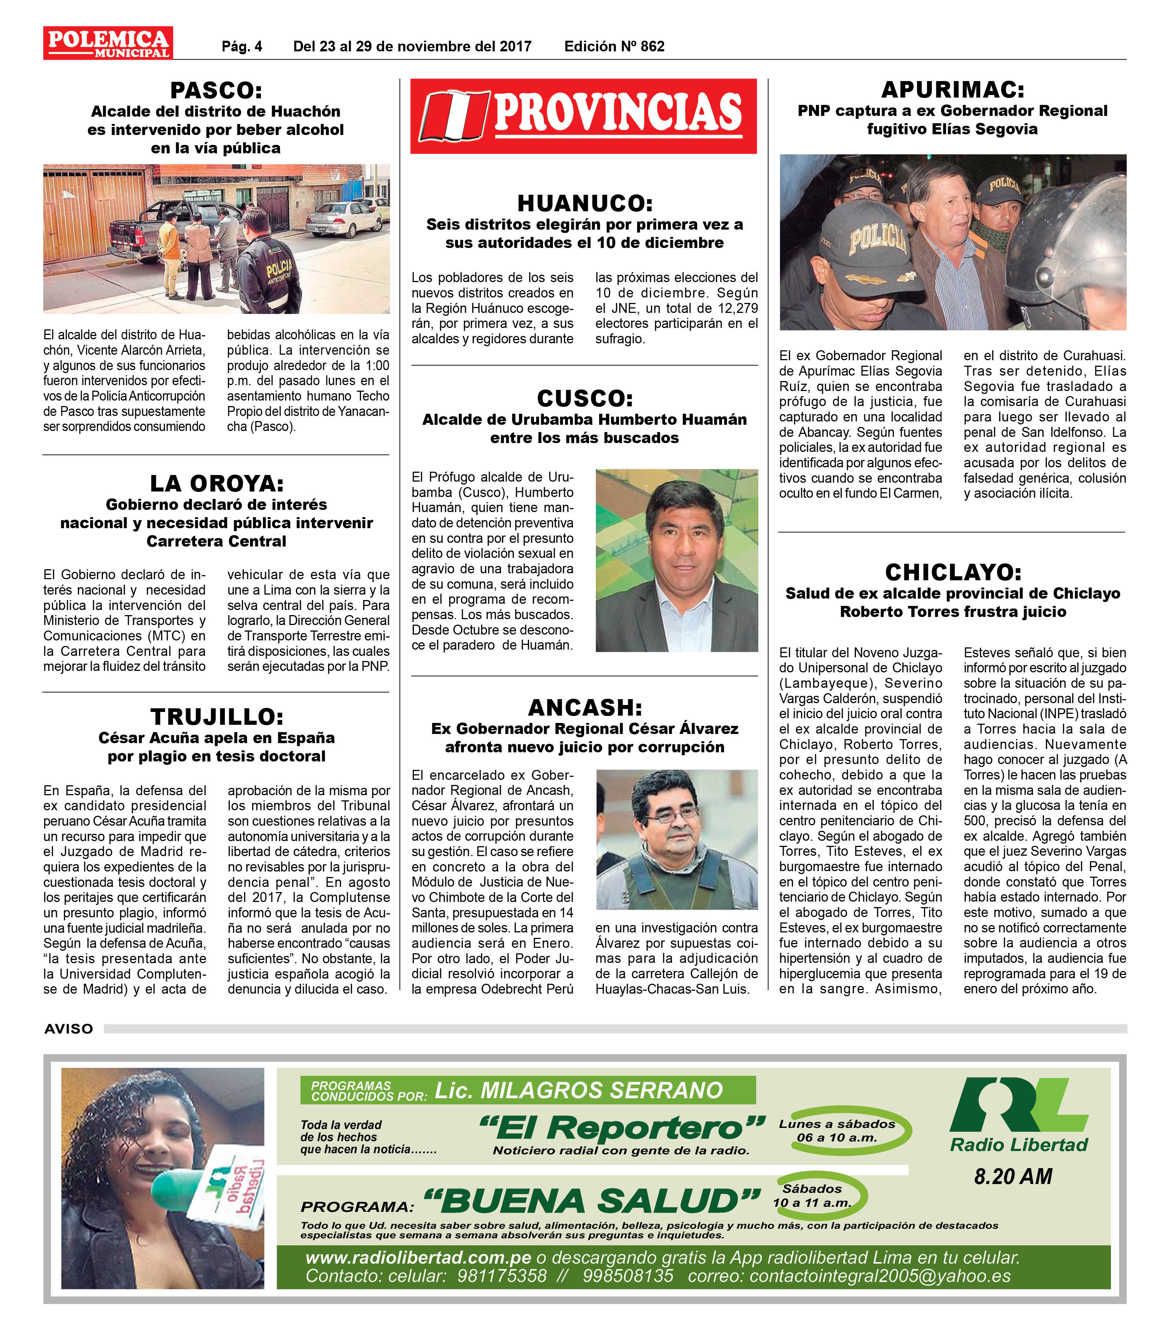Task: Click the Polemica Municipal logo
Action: pos(108,43)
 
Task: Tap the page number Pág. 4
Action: pos(242,46)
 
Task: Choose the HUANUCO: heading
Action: pos(584,204)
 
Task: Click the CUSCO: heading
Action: pos(584,398)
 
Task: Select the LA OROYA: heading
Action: pos(216,483)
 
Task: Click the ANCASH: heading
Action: pos(584,707)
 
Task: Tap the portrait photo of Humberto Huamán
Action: pos(677,560)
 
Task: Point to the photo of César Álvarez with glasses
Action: pos(677,839)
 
